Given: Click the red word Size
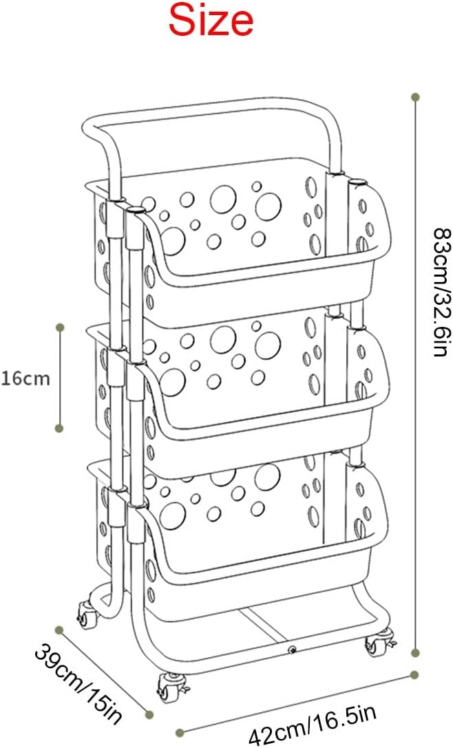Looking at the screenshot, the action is pyautogui.click(x=211, y=20).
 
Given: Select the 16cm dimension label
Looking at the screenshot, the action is pyautogui.click(x=25, y=378).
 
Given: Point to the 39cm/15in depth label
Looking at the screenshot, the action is pyautogui.click(x=79, y=683).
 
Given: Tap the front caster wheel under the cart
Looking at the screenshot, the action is pyautogui.click(x=169, y=687).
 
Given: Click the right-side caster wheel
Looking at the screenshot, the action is pyautogui.click(x=379, y=643).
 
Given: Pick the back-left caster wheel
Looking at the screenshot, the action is pyautogui.click(x=87, y=615).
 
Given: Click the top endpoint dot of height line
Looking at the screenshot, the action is pyautogui.click(x=415, y=97).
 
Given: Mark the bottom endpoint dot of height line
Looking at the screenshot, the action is pyautogui.click(x=415, y=652).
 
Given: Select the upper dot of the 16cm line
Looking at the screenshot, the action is pyautogui.click(x=60, y=328).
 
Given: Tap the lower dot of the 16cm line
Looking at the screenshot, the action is pyautogui.click(x=60, y=429).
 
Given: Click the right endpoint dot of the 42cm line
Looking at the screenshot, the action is pyautogui.click(x=414, y=674).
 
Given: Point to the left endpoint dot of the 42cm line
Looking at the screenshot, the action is pyautogui.click(x=180, y=732).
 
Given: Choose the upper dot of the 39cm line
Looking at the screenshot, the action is pyautogui.click(x=59, y=630).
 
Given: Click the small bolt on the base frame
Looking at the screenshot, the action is pyautogui.click(x=291, y=649).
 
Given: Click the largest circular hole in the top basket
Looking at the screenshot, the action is pyautogui.click(x=223, y=197).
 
